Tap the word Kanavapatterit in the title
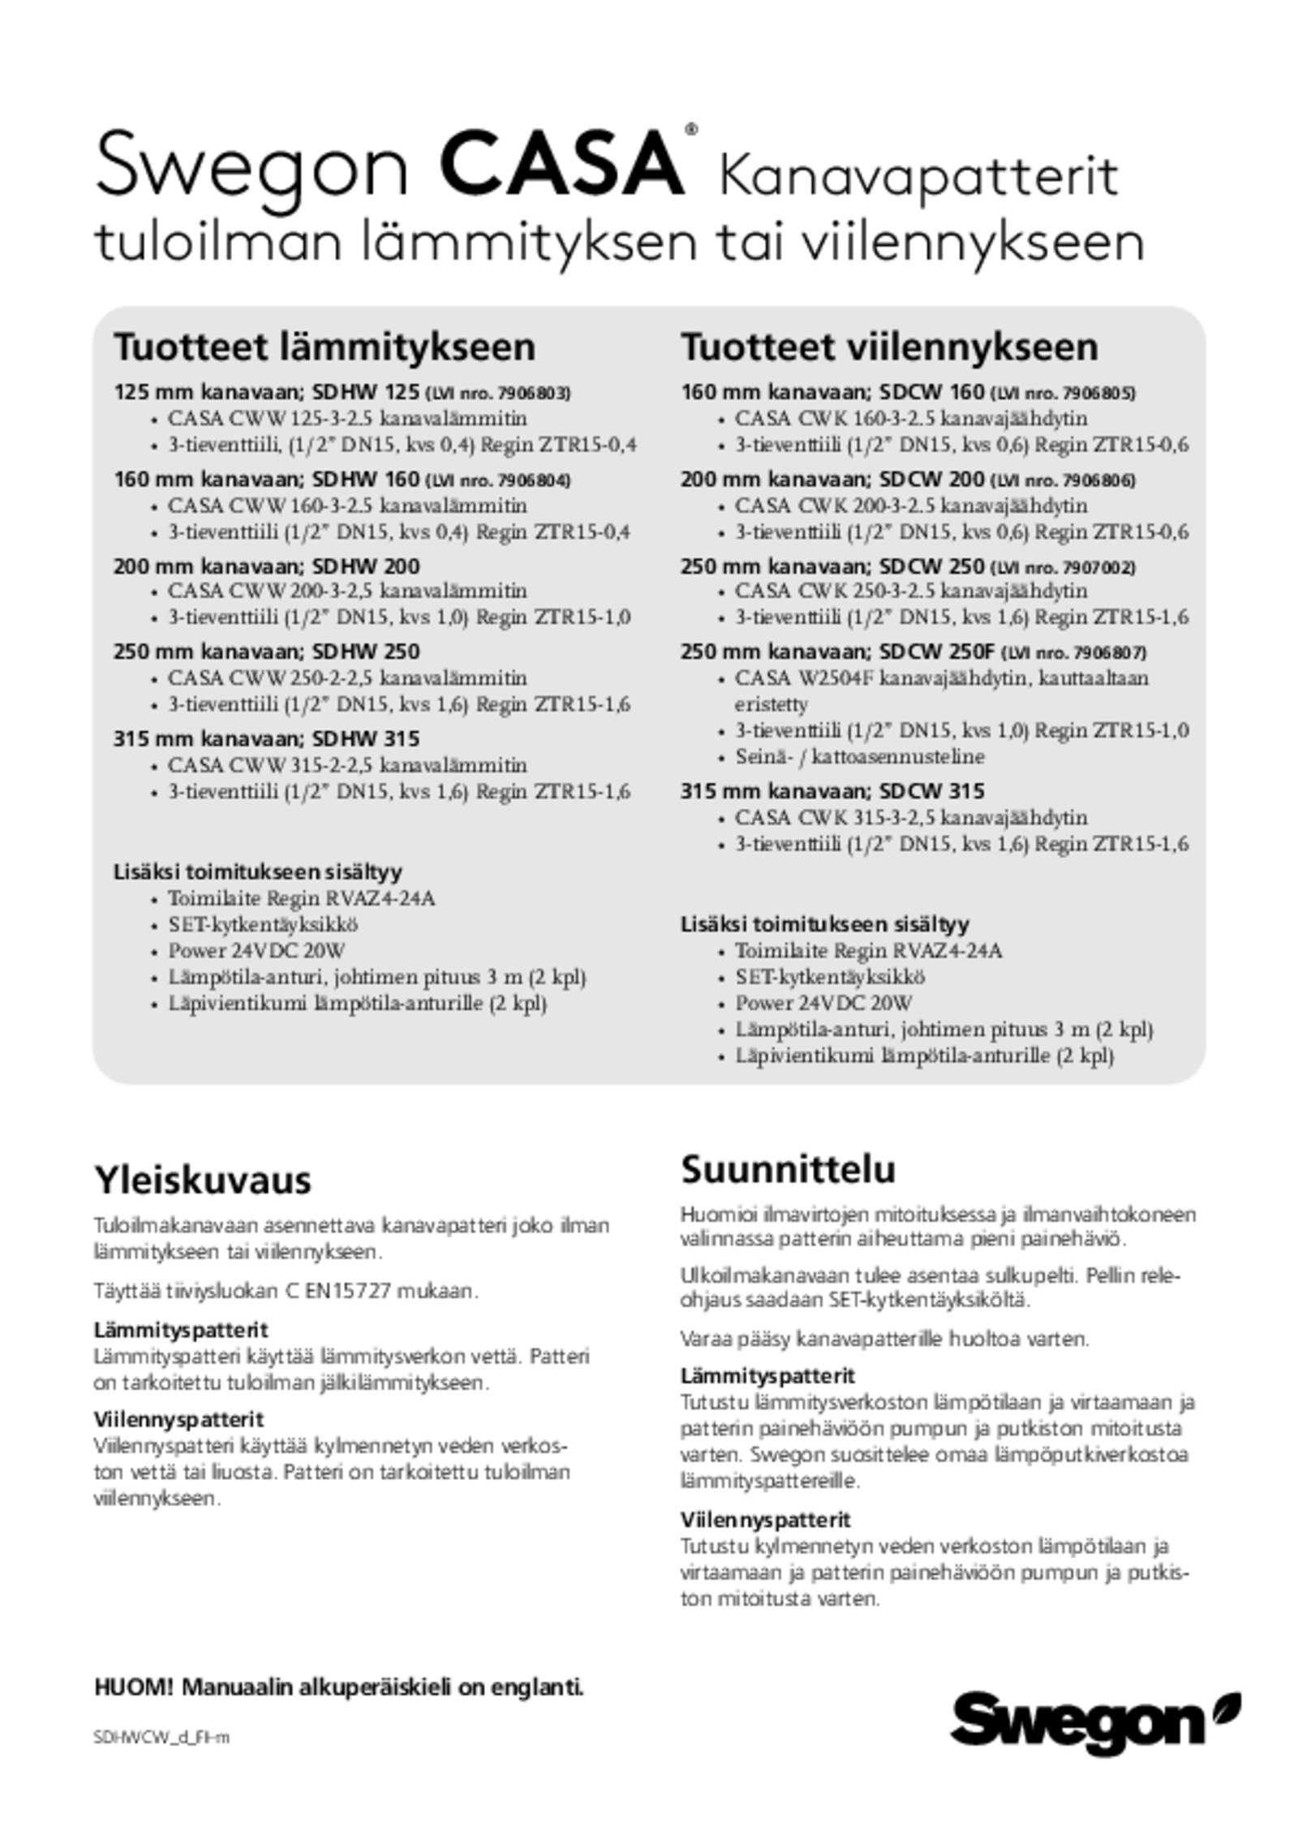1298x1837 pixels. click(918, 176)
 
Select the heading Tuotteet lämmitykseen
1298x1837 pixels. click(324, 347)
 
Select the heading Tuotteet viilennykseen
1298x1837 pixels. click(889, 347)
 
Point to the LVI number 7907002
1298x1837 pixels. click(1098, 567)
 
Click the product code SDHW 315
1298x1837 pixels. click(366, 739)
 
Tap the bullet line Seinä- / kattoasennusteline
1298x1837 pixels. click(860, 757)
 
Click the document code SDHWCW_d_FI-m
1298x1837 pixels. click(161, 1737)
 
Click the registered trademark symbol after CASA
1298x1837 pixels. click(691, 129)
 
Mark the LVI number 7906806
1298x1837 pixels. click(1098, 480)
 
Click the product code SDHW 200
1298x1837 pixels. click(366, 566)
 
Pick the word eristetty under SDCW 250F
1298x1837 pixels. click(771, 704)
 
